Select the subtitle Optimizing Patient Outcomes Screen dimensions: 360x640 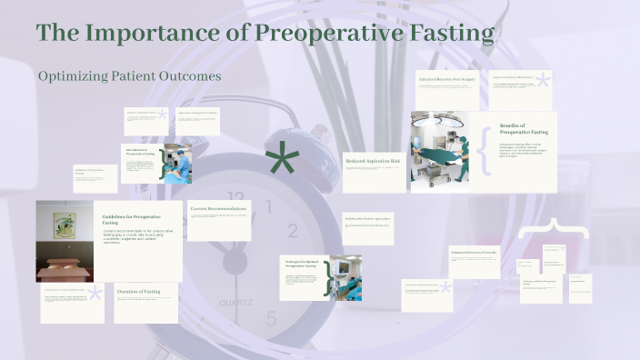(130, 77)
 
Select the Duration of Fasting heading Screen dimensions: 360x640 (138, 291)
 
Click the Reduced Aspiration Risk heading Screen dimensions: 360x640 (373, 161)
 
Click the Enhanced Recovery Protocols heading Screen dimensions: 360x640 (474, 251)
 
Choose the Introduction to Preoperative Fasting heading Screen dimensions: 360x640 (138, 151)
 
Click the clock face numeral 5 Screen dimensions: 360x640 (270, 318)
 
